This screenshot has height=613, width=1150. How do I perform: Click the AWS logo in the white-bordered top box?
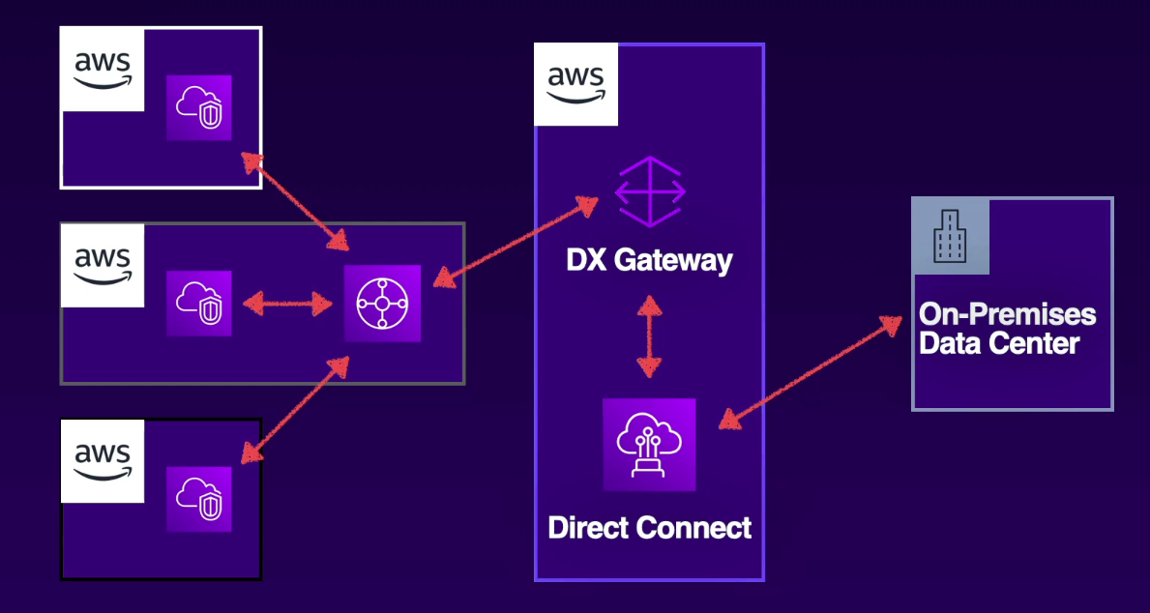coord(103,70)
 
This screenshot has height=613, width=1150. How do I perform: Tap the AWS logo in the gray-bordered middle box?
coord(103,265)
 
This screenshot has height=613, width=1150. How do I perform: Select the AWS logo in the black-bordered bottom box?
coord(103,460)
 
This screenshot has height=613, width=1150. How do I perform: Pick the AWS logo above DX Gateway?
coord(576,84)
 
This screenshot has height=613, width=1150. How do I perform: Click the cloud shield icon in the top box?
coord(199,107)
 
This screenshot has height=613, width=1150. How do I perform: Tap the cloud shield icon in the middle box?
coord(199,304)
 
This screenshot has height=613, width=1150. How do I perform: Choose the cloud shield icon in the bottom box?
coord(199,499)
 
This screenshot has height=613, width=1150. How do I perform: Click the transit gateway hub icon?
coord(383,304)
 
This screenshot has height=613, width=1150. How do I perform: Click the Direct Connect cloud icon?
coord(649,445)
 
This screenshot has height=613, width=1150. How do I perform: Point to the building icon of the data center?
coord(950,236)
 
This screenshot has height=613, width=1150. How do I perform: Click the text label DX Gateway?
coord(649,260)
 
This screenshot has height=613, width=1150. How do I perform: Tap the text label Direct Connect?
coord(649,528)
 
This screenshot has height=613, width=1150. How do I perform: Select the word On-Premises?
coord(1007,314)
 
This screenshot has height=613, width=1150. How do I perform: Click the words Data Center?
coord(998,342)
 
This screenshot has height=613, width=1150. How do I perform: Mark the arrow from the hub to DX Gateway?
coord(515,242)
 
